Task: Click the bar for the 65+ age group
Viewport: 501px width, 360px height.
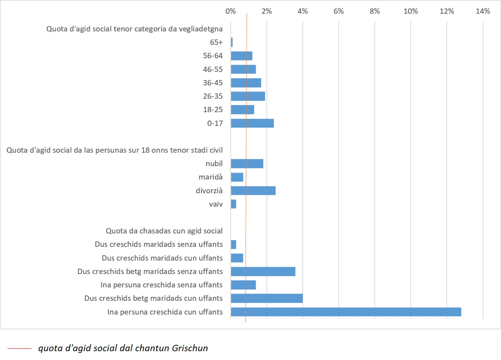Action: coord(232,42)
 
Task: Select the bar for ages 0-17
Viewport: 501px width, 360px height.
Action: coord(252,123)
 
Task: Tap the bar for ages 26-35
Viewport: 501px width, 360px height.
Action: coord(248,96)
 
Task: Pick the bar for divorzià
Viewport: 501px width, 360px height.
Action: coord(253,191)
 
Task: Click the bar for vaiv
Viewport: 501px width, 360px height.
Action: coord(234,204)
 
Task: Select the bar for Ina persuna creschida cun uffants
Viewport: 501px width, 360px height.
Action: coord(346,312)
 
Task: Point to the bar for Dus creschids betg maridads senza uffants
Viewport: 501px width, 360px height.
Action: coord(263,271)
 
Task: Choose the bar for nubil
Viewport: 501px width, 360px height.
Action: coord(247,164)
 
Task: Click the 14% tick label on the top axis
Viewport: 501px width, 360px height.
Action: coord(483,11)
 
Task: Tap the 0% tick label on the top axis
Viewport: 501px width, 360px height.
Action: coord(230,11)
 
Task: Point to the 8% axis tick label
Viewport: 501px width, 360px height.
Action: coord(374,11)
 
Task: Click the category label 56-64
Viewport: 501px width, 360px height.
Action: coord(213,56)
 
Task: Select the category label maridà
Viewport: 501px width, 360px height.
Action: coord(210,177)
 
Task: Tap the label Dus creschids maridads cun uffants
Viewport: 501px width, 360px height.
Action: coord(162,258)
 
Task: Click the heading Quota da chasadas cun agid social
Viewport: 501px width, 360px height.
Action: coord(164,231)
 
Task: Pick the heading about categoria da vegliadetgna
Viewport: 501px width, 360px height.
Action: coord(134,29)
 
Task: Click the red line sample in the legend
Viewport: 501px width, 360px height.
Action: coord(19,348)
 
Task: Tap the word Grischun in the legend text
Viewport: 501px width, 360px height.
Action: coord(190,348)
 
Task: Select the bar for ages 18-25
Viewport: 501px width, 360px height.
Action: coord(242,110)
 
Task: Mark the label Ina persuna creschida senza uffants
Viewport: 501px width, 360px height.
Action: coord(162,285)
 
